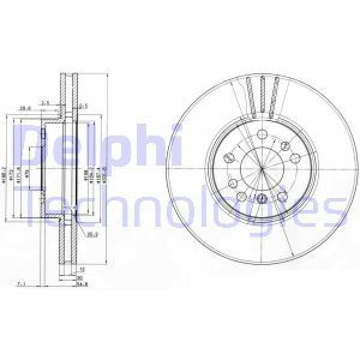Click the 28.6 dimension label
24,109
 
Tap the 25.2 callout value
92,234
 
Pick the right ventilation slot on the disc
275,97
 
